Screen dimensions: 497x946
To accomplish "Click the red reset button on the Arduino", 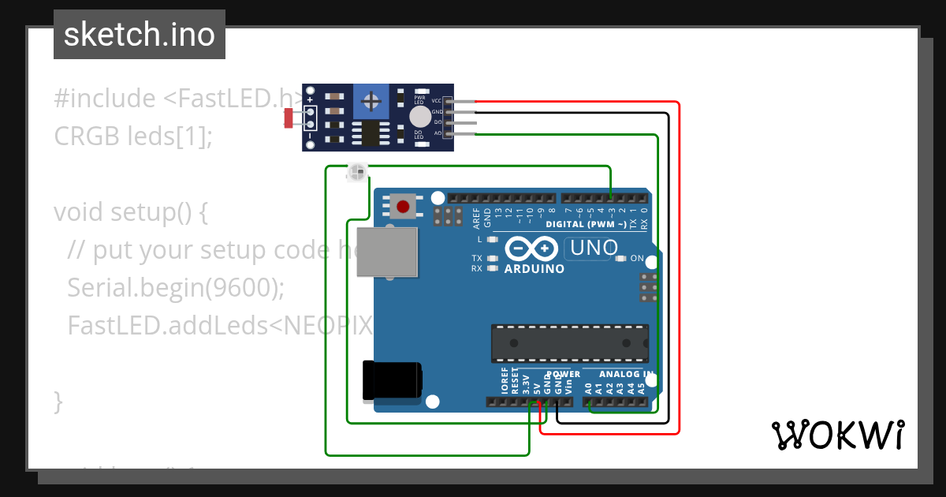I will [x=403, y=207].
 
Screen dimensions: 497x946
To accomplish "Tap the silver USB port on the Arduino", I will [x=386, y=252].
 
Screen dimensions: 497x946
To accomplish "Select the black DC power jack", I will [x=390, y=381].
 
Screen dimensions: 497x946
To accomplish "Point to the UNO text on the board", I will [x=593, y=248].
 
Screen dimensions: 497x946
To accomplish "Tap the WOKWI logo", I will [x=837, y=435].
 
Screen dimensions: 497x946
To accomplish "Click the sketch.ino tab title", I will [x=140, y=35].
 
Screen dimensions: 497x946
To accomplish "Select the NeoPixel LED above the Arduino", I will [x=357, y=172].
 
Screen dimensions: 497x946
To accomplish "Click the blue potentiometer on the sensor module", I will [x=370, y=100].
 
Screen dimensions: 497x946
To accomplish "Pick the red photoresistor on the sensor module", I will [x=289, y=118].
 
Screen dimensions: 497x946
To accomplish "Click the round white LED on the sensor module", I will [x=420, y=118].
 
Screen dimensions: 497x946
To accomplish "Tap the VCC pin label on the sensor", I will [x=436, y=102].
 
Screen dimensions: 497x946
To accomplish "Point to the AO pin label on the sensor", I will [x=437, y=133].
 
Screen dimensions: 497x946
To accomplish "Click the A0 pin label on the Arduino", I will [x=588, y=388].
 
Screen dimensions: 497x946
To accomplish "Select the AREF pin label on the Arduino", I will [x=476, y=216].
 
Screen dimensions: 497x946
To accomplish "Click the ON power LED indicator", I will [x=620, y=259].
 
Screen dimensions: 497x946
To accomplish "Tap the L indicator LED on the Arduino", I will [x=493, y=239].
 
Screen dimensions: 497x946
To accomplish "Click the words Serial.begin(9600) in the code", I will [x=175, y=288].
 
